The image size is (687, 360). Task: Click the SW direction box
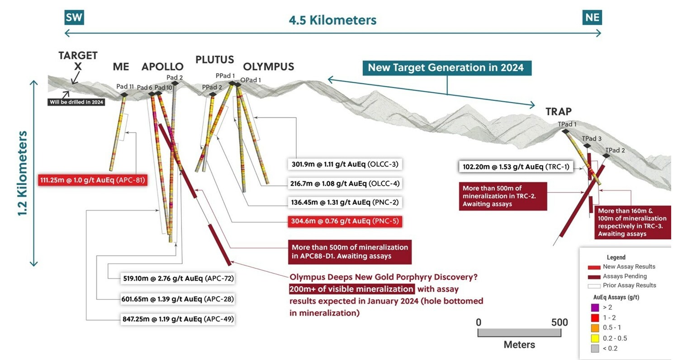(75, 17)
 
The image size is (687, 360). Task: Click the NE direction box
(592, 17)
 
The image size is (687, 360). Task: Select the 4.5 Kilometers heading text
(332, 20)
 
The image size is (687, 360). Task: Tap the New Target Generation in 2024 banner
(445, 68)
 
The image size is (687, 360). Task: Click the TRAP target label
(558, 111)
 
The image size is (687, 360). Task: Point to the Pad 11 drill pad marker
(124, 95)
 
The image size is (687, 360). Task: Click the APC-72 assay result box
(178, 279)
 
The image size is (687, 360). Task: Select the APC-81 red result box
(93, 180)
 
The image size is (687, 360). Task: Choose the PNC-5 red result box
(344, 221)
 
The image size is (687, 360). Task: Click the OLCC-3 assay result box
(344, 164)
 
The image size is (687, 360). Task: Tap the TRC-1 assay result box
(516, 167)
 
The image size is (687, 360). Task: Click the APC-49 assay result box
(178, 319)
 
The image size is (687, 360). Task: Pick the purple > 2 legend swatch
(595, 308)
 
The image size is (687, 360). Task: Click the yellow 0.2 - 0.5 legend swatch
(595, 338)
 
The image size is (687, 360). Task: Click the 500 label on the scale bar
(559, 322)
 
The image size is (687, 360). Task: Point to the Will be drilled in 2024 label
(76, 102)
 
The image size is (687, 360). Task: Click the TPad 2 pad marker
(606, 156)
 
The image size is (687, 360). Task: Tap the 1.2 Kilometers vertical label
(23, 173)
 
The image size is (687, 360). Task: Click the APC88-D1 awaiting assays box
(350, 252)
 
